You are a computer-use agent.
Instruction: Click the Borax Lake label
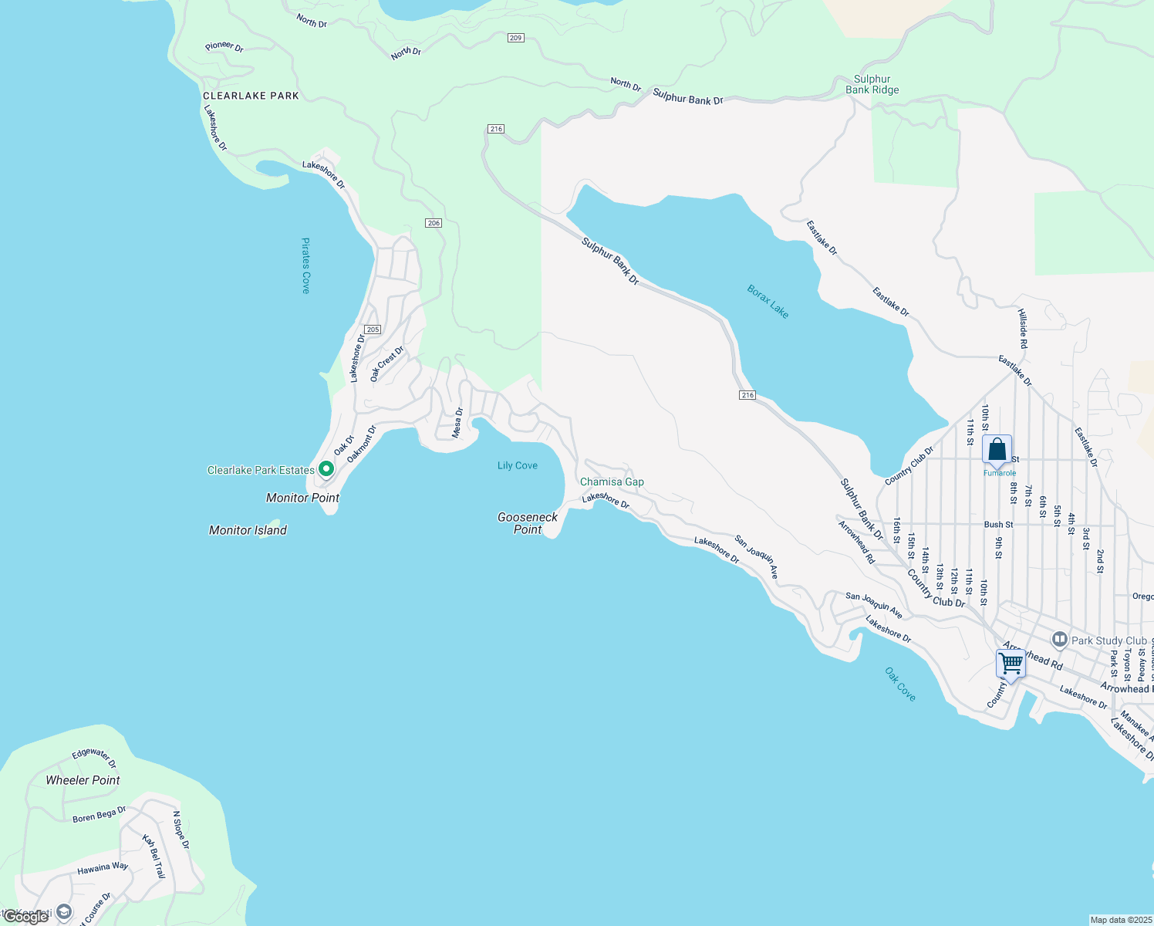[768, 302]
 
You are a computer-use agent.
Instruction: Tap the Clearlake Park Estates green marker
[326, 468]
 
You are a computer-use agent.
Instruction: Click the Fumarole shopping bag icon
[997, 449]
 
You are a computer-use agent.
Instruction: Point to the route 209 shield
[516, 38]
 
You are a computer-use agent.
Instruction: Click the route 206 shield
[434, 223]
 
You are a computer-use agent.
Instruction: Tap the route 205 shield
[373, 330]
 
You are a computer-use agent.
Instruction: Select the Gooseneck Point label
[528, 523]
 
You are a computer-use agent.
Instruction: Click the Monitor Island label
[248, 530]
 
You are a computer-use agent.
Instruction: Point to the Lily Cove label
[517, 465]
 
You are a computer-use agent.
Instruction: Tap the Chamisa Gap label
[612, 482]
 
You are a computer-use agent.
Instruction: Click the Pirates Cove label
[305, 265]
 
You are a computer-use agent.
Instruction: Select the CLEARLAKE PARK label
[251, 96]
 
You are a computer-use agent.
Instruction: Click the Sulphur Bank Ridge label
[872, 84]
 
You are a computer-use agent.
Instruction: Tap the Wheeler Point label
[83, 780]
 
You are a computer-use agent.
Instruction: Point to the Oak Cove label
[900, 684]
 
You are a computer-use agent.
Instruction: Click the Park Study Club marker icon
[1059, 640]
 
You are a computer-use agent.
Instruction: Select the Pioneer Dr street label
[224, 47]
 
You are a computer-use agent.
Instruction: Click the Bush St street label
[998, 525]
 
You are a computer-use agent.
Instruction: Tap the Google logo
[25, 917]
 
